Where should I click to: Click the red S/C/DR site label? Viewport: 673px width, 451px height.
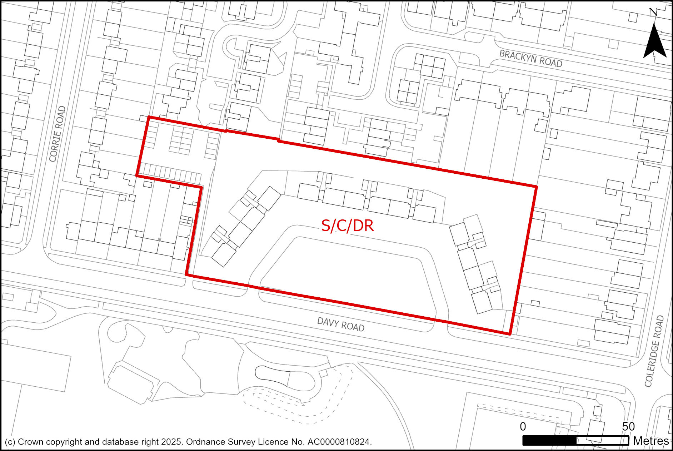click(x=347, y=225)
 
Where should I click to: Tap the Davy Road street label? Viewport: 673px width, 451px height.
click(x=341, y=324)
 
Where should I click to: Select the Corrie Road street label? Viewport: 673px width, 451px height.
click(x=58, y=134)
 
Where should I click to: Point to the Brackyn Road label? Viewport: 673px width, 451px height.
click(x=530, y=59)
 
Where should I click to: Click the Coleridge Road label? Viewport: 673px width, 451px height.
click(x=654, y=351)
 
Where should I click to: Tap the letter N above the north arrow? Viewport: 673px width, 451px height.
click(x=654, y=13)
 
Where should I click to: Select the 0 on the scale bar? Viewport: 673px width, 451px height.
click(x=523, y=426)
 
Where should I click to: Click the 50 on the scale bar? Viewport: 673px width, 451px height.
click(x=628, y=426)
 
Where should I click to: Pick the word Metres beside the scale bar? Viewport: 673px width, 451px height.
click(x=651, y=441)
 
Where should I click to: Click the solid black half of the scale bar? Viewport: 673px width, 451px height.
click(x=549, y=441)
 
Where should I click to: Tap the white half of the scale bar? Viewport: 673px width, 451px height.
click(x=602, y=441)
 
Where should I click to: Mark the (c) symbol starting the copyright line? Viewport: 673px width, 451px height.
click(x=10, y=442)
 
